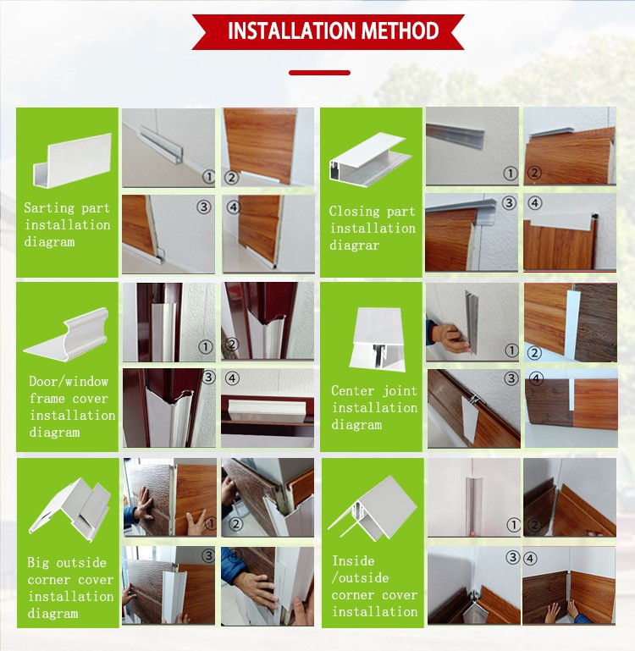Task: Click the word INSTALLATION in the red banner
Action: [x=290, y=30]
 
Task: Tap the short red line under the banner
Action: [x=319, y=73]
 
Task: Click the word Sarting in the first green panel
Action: [x=49, y=208]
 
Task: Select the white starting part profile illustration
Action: [x=72, y=160]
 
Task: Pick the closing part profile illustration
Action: [x=369, y=158]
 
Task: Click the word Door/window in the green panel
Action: [x=69, y=381]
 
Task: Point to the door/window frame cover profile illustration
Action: [x=66, y=334]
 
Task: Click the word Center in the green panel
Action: [x=351, y=390]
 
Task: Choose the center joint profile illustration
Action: [x=377, y=339]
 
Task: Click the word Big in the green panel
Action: [x=37, y=563]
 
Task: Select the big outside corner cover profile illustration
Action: [x=69, y=510]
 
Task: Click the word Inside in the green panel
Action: [x=353, y=561]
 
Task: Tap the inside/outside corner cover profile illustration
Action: [x=373, y=509]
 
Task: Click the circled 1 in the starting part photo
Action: [x=209, y=177]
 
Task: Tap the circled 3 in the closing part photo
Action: [x=509, y=203]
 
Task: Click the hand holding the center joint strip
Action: [x=449, y=338]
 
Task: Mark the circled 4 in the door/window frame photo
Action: [x=232, y=378]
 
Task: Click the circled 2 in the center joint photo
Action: [x=534, y=353]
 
